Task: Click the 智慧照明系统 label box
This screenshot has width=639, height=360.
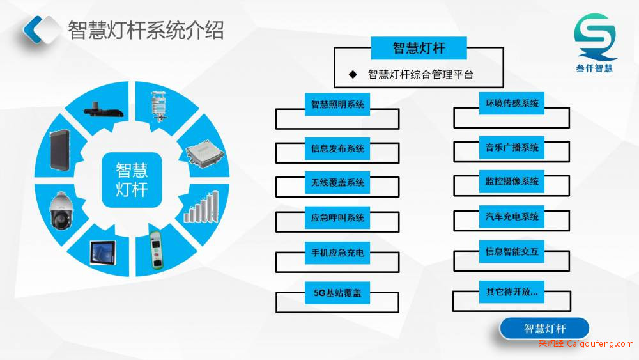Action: click(x=337, y=104)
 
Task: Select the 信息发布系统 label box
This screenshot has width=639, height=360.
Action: click(x=337, y=148)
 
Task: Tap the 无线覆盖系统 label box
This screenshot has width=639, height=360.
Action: click(x=337, y=183)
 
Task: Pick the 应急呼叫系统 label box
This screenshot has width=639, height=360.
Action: click(x=337, y=217)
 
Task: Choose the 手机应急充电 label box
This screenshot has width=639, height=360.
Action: click(x=337, y=253)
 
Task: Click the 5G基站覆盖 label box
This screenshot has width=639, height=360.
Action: click(x=337, y=293)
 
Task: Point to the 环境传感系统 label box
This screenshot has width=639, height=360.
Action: click(x=512, y=103)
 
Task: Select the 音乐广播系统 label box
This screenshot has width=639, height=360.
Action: click(x=512, y=147)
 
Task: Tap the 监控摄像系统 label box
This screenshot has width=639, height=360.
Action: click(x=512, y=182)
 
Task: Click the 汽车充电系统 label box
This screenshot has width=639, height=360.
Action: click(x=512, y=217)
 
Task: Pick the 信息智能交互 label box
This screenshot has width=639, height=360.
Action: click(x=512, y=251)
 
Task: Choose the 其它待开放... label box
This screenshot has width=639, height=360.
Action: click(x=512, y=292)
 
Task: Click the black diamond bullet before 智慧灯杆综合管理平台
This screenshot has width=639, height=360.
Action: click(x=353, y=74)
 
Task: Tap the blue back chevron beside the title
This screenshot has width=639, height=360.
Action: click(x=33, y=29)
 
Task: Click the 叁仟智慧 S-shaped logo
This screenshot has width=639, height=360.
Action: click(x=595, y=36)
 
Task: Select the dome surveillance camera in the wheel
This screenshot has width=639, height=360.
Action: click(x=61, y=210)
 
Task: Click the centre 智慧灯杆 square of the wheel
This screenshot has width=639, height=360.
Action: click(x=132, y=180)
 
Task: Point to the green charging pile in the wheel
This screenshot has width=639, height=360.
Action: click(x=156, y=250)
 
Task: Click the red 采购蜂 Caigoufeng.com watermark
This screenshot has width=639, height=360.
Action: click(x=586, y=343)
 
